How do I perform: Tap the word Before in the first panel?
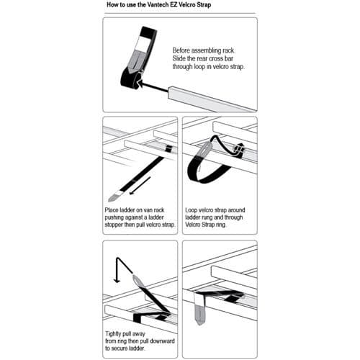[x=183, y=50]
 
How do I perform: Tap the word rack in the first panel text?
[x=235, y=50]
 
